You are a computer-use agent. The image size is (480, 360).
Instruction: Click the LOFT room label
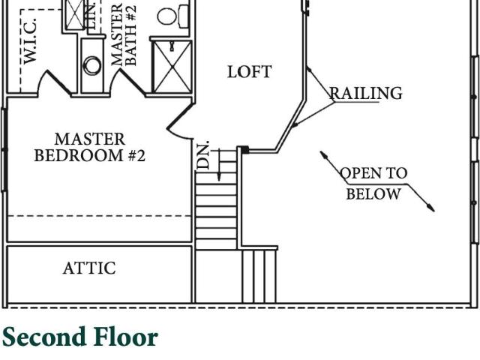click(x=250, y=72)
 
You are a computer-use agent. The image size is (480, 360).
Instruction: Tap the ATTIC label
click(x=89, y=268)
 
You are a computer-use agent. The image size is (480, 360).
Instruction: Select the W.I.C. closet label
click(x=30, y=41)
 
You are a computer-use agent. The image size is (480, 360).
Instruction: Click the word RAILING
click(x=365, y=93)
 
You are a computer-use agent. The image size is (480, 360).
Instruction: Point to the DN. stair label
click(x=202, y=155)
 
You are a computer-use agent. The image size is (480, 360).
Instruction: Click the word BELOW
click(x=373, y=193)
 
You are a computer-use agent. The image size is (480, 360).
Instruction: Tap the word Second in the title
click(x=43, y=337)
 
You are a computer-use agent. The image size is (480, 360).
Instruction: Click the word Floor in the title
click(x=126, y=337)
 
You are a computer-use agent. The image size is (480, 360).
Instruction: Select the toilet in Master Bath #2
click(x=172, y=16)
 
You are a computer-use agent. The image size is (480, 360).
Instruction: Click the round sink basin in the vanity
click(x=92, y=65)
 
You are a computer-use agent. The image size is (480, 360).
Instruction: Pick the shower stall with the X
click(x=172, y=67)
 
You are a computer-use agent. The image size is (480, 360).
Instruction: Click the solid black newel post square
click(x=244, y=150)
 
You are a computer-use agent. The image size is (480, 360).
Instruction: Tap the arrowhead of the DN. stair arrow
click(x=219, y=177)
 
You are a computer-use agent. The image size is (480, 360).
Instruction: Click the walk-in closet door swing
click(x=57, y=82)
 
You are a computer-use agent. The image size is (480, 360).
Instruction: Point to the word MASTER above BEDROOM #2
click(x=90, y=139)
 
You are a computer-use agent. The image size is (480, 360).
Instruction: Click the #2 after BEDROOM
click(x=136, y=155)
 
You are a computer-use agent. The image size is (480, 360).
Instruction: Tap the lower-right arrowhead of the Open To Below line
click(x=431, y=208)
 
